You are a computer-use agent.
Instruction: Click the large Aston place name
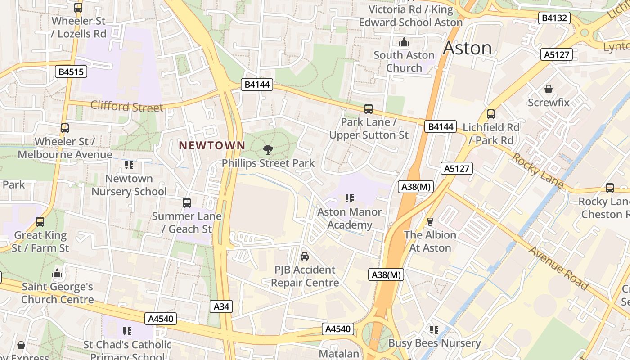tap(468, 48)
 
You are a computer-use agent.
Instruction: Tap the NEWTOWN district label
tap(212, 145)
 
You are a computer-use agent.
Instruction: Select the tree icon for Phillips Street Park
tap(268, 150)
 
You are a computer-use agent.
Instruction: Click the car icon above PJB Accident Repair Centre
tap(305, 256)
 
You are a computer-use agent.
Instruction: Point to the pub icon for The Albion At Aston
tap(430, 221)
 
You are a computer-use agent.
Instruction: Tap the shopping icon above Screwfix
tap(548, 89)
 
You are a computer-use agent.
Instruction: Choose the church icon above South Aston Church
tap(404, 42)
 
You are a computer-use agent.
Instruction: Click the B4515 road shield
tap(71, 72)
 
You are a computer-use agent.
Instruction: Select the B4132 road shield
tap(554, 18)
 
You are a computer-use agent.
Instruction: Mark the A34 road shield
tap(221, 307)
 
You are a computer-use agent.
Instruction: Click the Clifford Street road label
tap(126, 107)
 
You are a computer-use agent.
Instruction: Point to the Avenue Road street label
tap(558, 268)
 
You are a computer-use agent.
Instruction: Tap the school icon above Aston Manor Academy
tap(349, 198)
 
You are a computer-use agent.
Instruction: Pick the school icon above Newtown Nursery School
tap(129, 166)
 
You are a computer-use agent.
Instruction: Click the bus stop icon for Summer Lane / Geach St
tap(187, 203)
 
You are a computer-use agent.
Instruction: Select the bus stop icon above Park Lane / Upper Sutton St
tap(369, 109)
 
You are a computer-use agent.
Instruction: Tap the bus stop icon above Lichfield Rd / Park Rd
tap(490, 114)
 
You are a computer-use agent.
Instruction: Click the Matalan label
tap(339, 354)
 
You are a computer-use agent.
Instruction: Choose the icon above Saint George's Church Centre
tap(57, 274)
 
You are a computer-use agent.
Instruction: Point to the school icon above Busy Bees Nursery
tap(434, 330)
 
